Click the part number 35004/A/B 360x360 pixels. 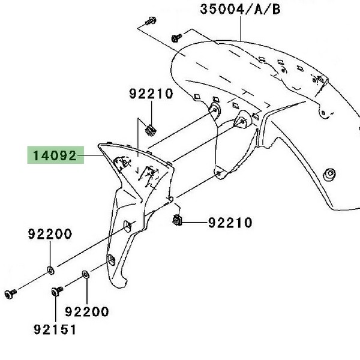(240, 9)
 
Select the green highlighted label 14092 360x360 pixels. (52, 157)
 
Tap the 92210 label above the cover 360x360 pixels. (151, 94)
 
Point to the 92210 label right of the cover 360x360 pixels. (230, 223)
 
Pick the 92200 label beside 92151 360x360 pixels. (87, 311)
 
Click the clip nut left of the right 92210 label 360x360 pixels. (178, 220)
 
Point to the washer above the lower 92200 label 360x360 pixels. (86, 274)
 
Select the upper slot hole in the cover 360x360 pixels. (128, 226)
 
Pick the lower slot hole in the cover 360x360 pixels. (110, 259)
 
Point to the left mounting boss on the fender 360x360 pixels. (214, 112)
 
